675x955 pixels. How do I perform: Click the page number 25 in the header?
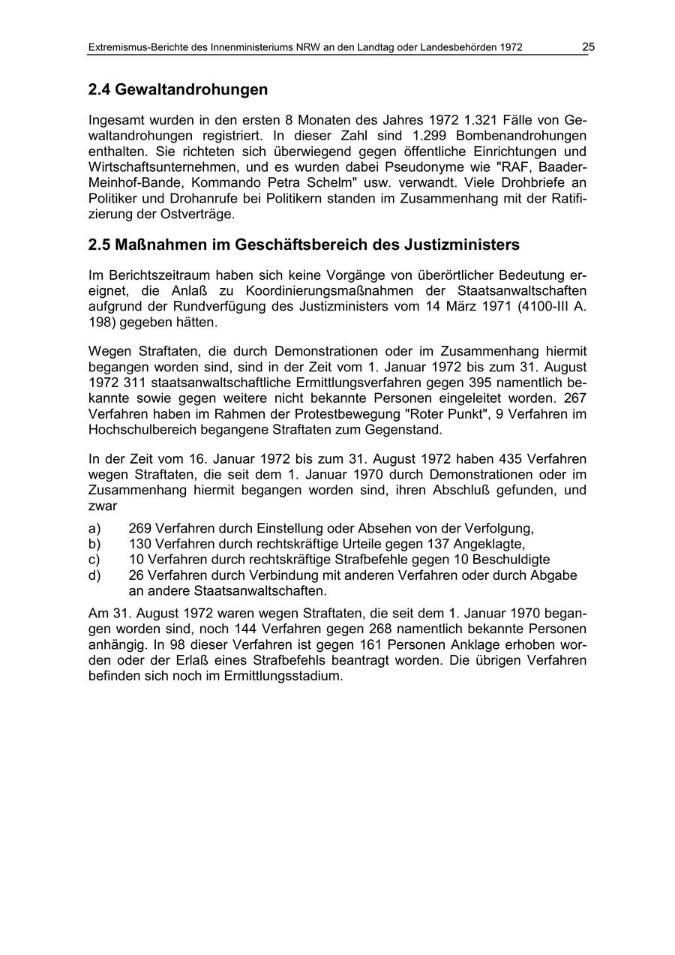point(588,47)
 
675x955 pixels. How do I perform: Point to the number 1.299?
point(430,136)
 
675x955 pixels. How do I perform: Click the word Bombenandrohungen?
point(523,136)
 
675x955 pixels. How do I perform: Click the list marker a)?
point(94,528)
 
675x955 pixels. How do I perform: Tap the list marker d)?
point(94,575)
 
